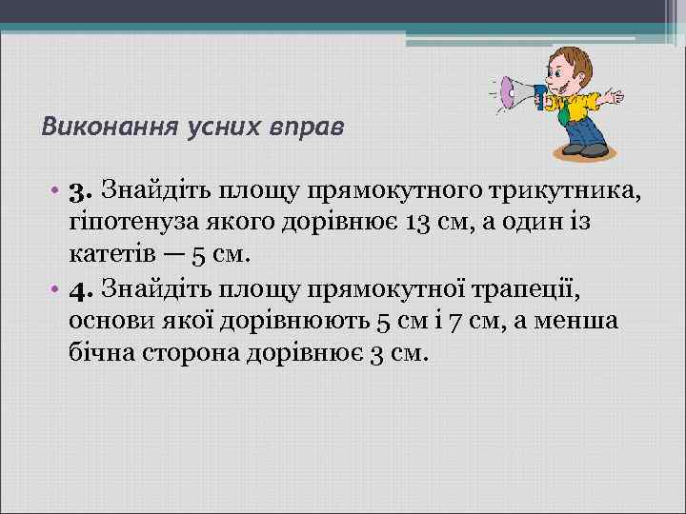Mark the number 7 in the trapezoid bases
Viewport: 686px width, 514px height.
tap(455, 319)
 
